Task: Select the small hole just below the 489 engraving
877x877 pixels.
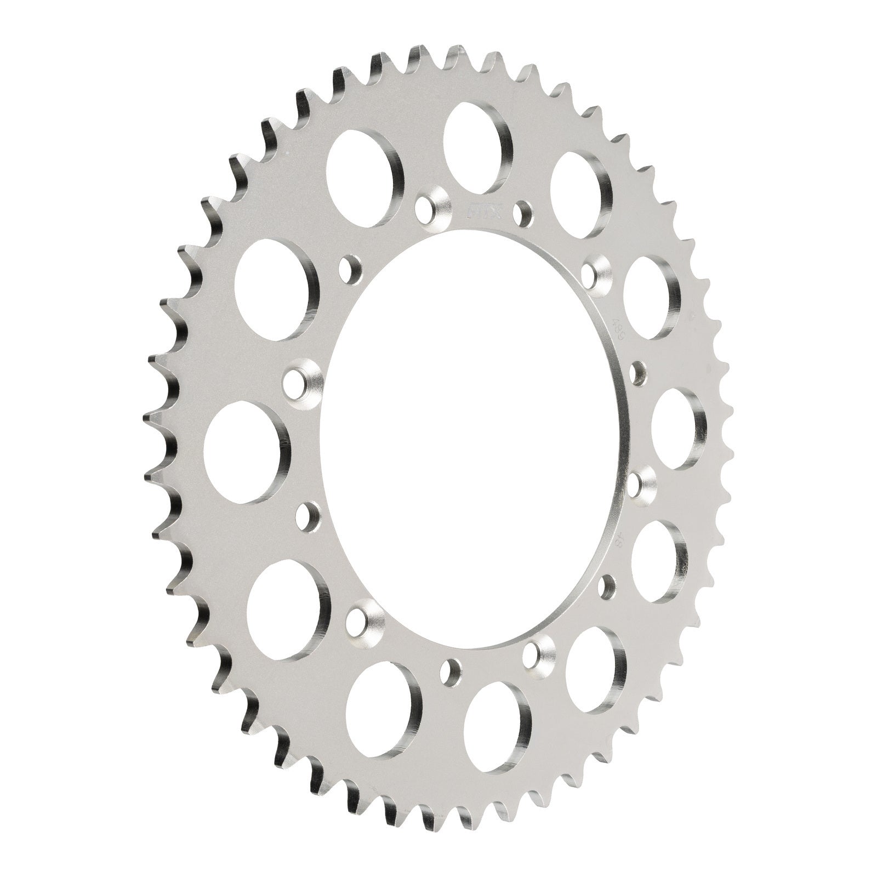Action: tap(637, 372)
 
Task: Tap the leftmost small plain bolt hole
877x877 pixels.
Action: tap(308, 515)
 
